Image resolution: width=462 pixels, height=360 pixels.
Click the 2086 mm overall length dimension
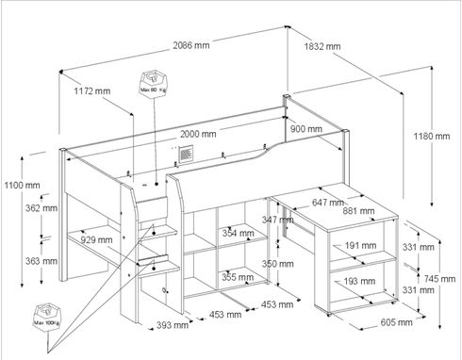point(191,45)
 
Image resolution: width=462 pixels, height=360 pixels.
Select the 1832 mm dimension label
point(322,46)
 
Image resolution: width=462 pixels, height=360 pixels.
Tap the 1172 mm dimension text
point(92,91)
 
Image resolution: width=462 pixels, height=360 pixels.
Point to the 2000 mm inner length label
point(198,134)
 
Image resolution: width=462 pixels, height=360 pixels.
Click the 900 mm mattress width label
point(305,129)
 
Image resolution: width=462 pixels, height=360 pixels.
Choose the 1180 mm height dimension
point(432,136)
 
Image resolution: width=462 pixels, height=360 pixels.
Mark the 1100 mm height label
point(22,185)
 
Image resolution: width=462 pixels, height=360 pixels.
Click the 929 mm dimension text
point(96,240)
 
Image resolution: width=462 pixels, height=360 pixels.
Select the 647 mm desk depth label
point(327,203)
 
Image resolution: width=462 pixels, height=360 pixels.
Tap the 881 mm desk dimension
point(358,211)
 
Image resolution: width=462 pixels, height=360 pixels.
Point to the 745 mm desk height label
point(439,279)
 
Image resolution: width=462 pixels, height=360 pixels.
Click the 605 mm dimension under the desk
point(396,322)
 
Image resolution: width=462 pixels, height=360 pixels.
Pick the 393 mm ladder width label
point(173,325)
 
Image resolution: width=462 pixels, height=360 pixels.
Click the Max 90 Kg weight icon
point(154,83)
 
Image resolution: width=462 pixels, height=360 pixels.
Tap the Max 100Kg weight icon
point(48,316)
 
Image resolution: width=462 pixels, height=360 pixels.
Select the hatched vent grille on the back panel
point(186,154)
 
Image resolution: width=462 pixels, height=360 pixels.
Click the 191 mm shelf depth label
point(360,246)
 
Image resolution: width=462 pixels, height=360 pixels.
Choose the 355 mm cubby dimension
point(238,277)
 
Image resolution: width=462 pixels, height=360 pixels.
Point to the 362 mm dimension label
point(41,208)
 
